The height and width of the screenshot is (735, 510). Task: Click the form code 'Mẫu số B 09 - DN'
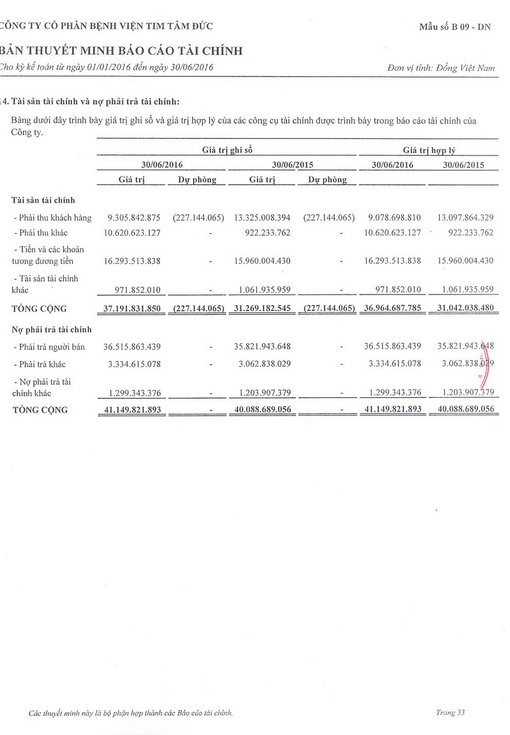click(x=455, y=27)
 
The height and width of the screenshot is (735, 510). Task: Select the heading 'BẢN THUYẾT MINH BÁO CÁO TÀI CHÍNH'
click(x=122, y=51)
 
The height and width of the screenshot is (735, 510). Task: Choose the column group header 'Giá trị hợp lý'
click(x=428, y=150)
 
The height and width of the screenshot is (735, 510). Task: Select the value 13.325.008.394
click(x=262, y=217)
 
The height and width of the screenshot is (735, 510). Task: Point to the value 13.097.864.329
click(x=462, y=217)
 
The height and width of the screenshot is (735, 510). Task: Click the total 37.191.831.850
click(x=132, y=309)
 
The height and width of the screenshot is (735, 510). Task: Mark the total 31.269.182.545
click(x=262, y=309)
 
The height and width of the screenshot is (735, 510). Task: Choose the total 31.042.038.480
click(x=462, y=309)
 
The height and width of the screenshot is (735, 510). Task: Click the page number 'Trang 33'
click(x=450, y=712)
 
